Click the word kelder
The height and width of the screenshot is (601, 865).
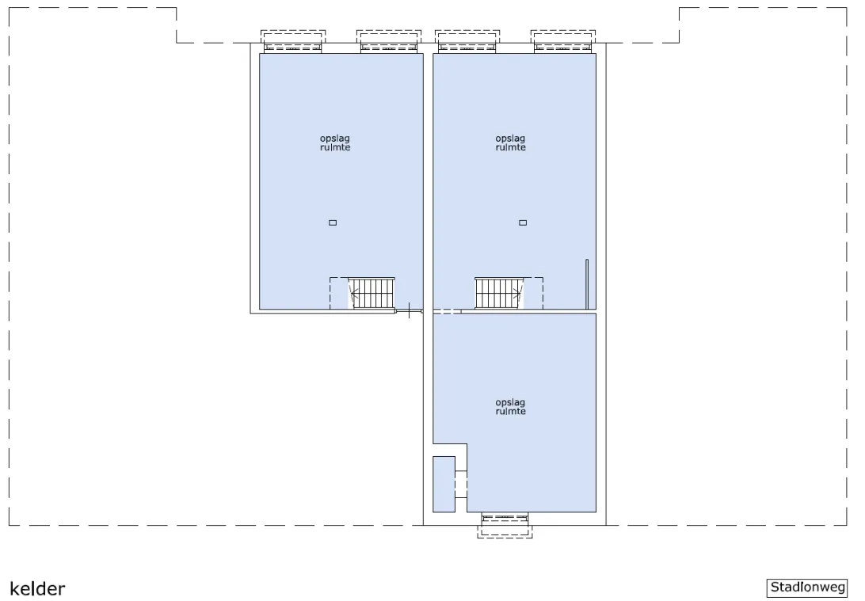[37, 589]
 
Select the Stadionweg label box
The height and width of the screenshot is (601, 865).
[807, 588]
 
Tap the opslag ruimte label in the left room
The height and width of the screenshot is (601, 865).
[335, 143]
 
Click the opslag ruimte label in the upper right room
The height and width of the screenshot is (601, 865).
[510, 143]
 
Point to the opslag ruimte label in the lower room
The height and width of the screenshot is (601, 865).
[510, 407]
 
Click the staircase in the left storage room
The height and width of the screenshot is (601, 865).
[372, 293]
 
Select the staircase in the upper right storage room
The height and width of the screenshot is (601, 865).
[499, 293]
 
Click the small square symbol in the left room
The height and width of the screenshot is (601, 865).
[333, 223]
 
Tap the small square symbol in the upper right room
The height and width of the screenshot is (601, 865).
[523, 223]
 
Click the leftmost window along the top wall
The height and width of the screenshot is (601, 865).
[293, 42]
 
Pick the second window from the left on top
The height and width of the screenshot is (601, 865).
[389, 42]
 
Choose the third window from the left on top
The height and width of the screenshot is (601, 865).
[467, 42]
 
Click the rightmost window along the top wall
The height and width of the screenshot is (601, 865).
[563, 42]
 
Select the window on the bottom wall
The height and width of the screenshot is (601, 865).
[505, 526]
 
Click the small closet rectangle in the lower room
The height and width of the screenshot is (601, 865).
[444, 484]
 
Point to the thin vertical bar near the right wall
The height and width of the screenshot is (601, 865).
[587, 284]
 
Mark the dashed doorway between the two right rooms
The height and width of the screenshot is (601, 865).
[447, 311]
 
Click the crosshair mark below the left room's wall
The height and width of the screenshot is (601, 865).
[409, 310]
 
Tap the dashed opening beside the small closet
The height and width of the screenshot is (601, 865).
[461, 485]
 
